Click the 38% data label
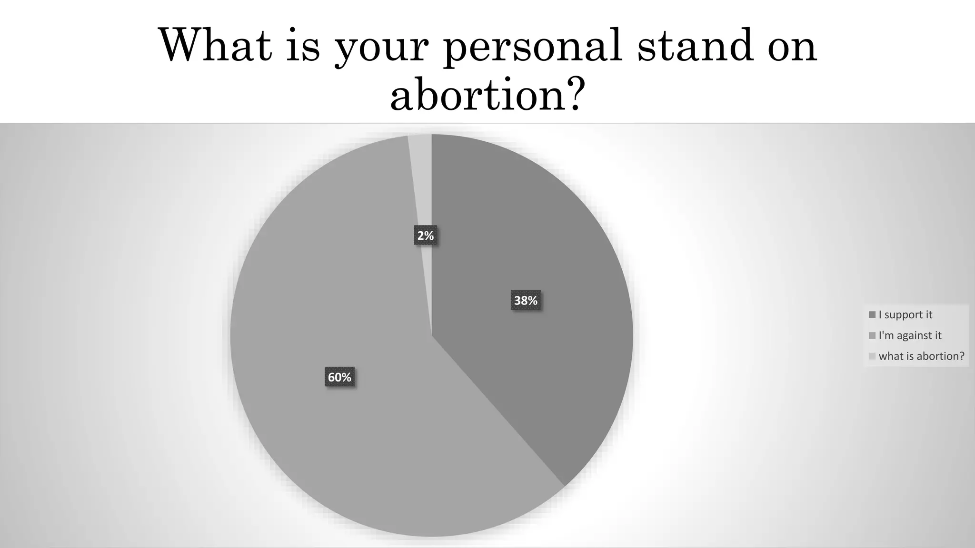click(x=526, y=301)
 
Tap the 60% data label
click(x=339, y=377)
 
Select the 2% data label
click(x=426, y=235)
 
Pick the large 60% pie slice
click(x=333, y=452)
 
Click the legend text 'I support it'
click(x=905, y=314)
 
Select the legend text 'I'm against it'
click(x=910, y=335)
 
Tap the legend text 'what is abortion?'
click(x=922, y=356)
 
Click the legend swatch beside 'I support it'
click(x=872, y=315)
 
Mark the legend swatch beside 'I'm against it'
click(x=872, y=336)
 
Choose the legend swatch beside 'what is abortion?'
click(x=872, y=356)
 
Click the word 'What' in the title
click(x=215, y=45)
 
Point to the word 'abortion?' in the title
click(x=486, y=94)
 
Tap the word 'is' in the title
click(x=303, y=45)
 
